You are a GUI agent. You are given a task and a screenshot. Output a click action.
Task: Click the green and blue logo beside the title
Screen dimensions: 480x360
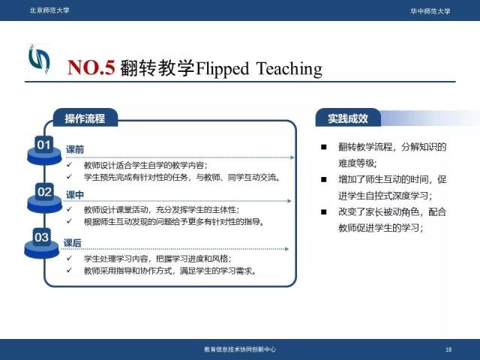click(39, 59)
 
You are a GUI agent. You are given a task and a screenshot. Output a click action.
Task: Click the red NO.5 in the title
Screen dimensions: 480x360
click(91, 67)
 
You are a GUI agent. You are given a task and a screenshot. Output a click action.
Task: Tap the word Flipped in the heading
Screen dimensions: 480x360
click(222, 68)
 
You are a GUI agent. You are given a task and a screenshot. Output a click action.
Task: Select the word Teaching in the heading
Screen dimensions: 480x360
click(289, 68)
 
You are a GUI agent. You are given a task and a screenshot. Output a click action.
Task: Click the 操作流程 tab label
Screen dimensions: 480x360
click(85, 118)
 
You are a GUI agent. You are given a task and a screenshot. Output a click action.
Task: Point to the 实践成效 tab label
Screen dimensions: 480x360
click(348, 118)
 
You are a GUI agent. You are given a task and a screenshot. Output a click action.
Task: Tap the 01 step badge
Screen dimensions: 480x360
click(43, 145)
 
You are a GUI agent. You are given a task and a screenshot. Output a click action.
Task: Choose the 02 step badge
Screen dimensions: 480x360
click(44, 192)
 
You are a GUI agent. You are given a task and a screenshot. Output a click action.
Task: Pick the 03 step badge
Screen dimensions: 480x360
click(42, 237)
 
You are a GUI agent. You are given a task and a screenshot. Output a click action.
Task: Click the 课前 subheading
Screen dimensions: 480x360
click(75, 149)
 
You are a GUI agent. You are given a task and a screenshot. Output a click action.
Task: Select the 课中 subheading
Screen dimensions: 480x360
click(75, 195)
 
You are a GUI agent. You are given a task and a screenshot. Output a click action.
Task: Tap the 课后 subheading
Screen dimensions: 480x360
click(73, 243)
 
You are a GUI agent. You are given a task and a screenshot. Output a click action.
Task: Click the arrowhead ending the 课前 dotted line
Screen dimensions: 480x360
click(292, 157)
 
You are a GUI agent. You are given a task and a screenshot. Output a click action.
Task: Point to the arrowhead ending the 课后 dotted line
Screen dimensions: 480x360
click(286, 249)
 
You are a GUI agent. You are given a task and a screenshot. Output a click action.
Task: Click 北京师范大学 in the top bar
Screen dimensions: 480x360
click(49, 10)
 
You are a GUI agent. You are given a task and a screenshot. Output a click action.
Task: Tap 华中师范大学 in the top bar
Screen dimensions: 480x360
click(430, 11)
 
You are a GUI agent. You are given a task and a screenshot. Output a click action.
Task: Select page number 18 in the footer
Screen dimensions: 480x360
click(448, 349)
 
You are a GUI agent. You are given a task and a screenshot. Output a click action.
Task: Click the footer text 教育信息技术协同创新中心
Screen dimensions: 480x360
click(240, 349)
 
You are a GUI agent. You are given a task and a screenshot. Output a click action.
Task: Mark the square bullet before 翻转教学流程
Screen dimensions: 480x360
click(324, 147)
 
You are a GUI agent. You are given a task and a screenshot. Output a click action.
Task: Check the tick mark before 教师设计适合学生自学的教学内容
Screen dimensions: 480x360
click(70, 165)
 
